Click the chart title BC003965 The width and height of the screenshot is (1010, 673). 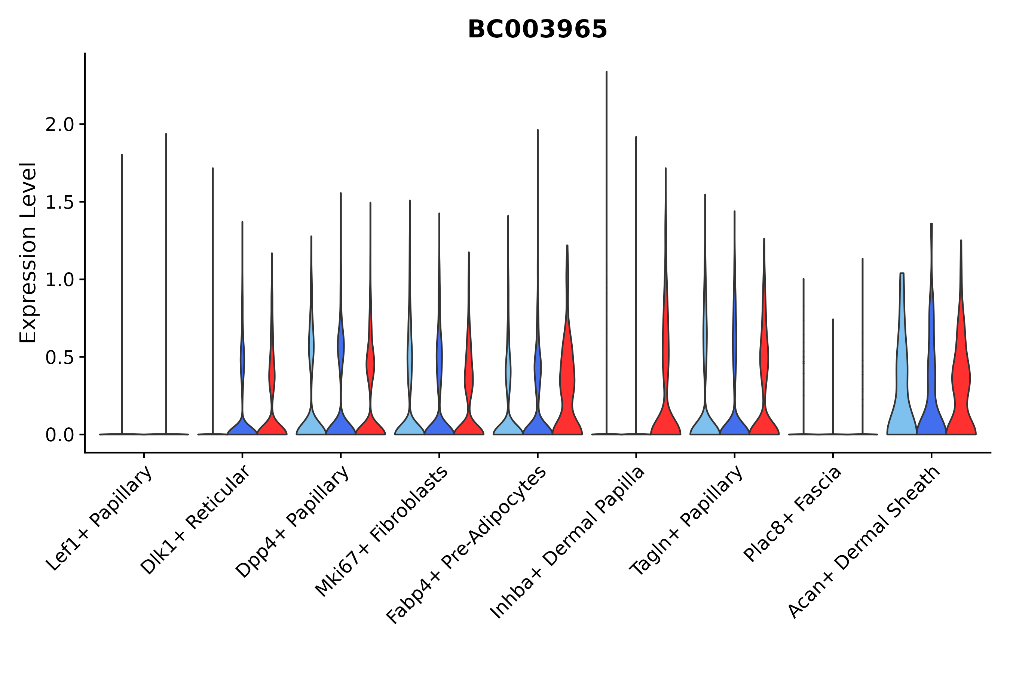coord(537,30)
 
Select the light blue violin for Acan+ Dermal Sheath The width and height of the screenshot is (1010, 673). coord(902,386)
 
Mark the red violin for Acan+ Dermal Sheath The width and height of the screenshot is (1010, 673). coord(961,386)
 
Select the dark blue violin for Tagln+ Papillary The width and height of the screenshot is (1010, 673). coord(734,423)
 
